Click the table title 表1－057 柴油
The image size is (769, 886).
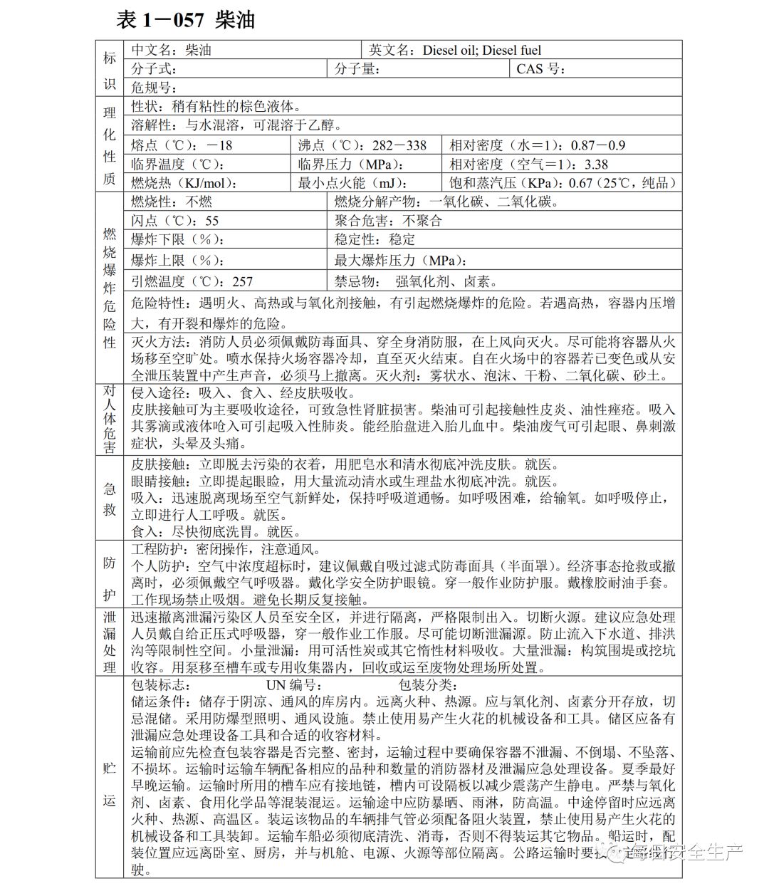click(185, 20)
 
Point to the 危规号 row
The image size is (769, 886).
click(154, 88)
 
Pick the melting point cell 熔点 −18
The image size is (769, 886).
click(182, 145)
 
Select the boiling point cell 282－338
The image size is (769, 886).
click(362, 145)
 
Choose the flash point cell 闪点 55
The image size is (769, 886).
click(175, 221)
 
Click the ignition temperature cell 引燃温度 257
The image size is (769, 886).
click(192, 281)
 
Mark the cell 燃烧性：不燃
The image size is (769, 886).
click(172, 202)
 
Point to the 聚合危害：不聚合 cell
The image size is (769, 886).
click(388, 221)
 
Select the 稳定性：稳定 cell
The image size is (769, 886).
click(375, 239)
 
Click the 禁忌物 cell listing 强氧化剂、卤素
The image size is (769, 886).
click(416, 281)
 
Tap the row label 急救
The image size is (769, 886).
click(110, 499)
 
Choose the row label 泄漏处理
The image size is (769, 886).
click(110, 642)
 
